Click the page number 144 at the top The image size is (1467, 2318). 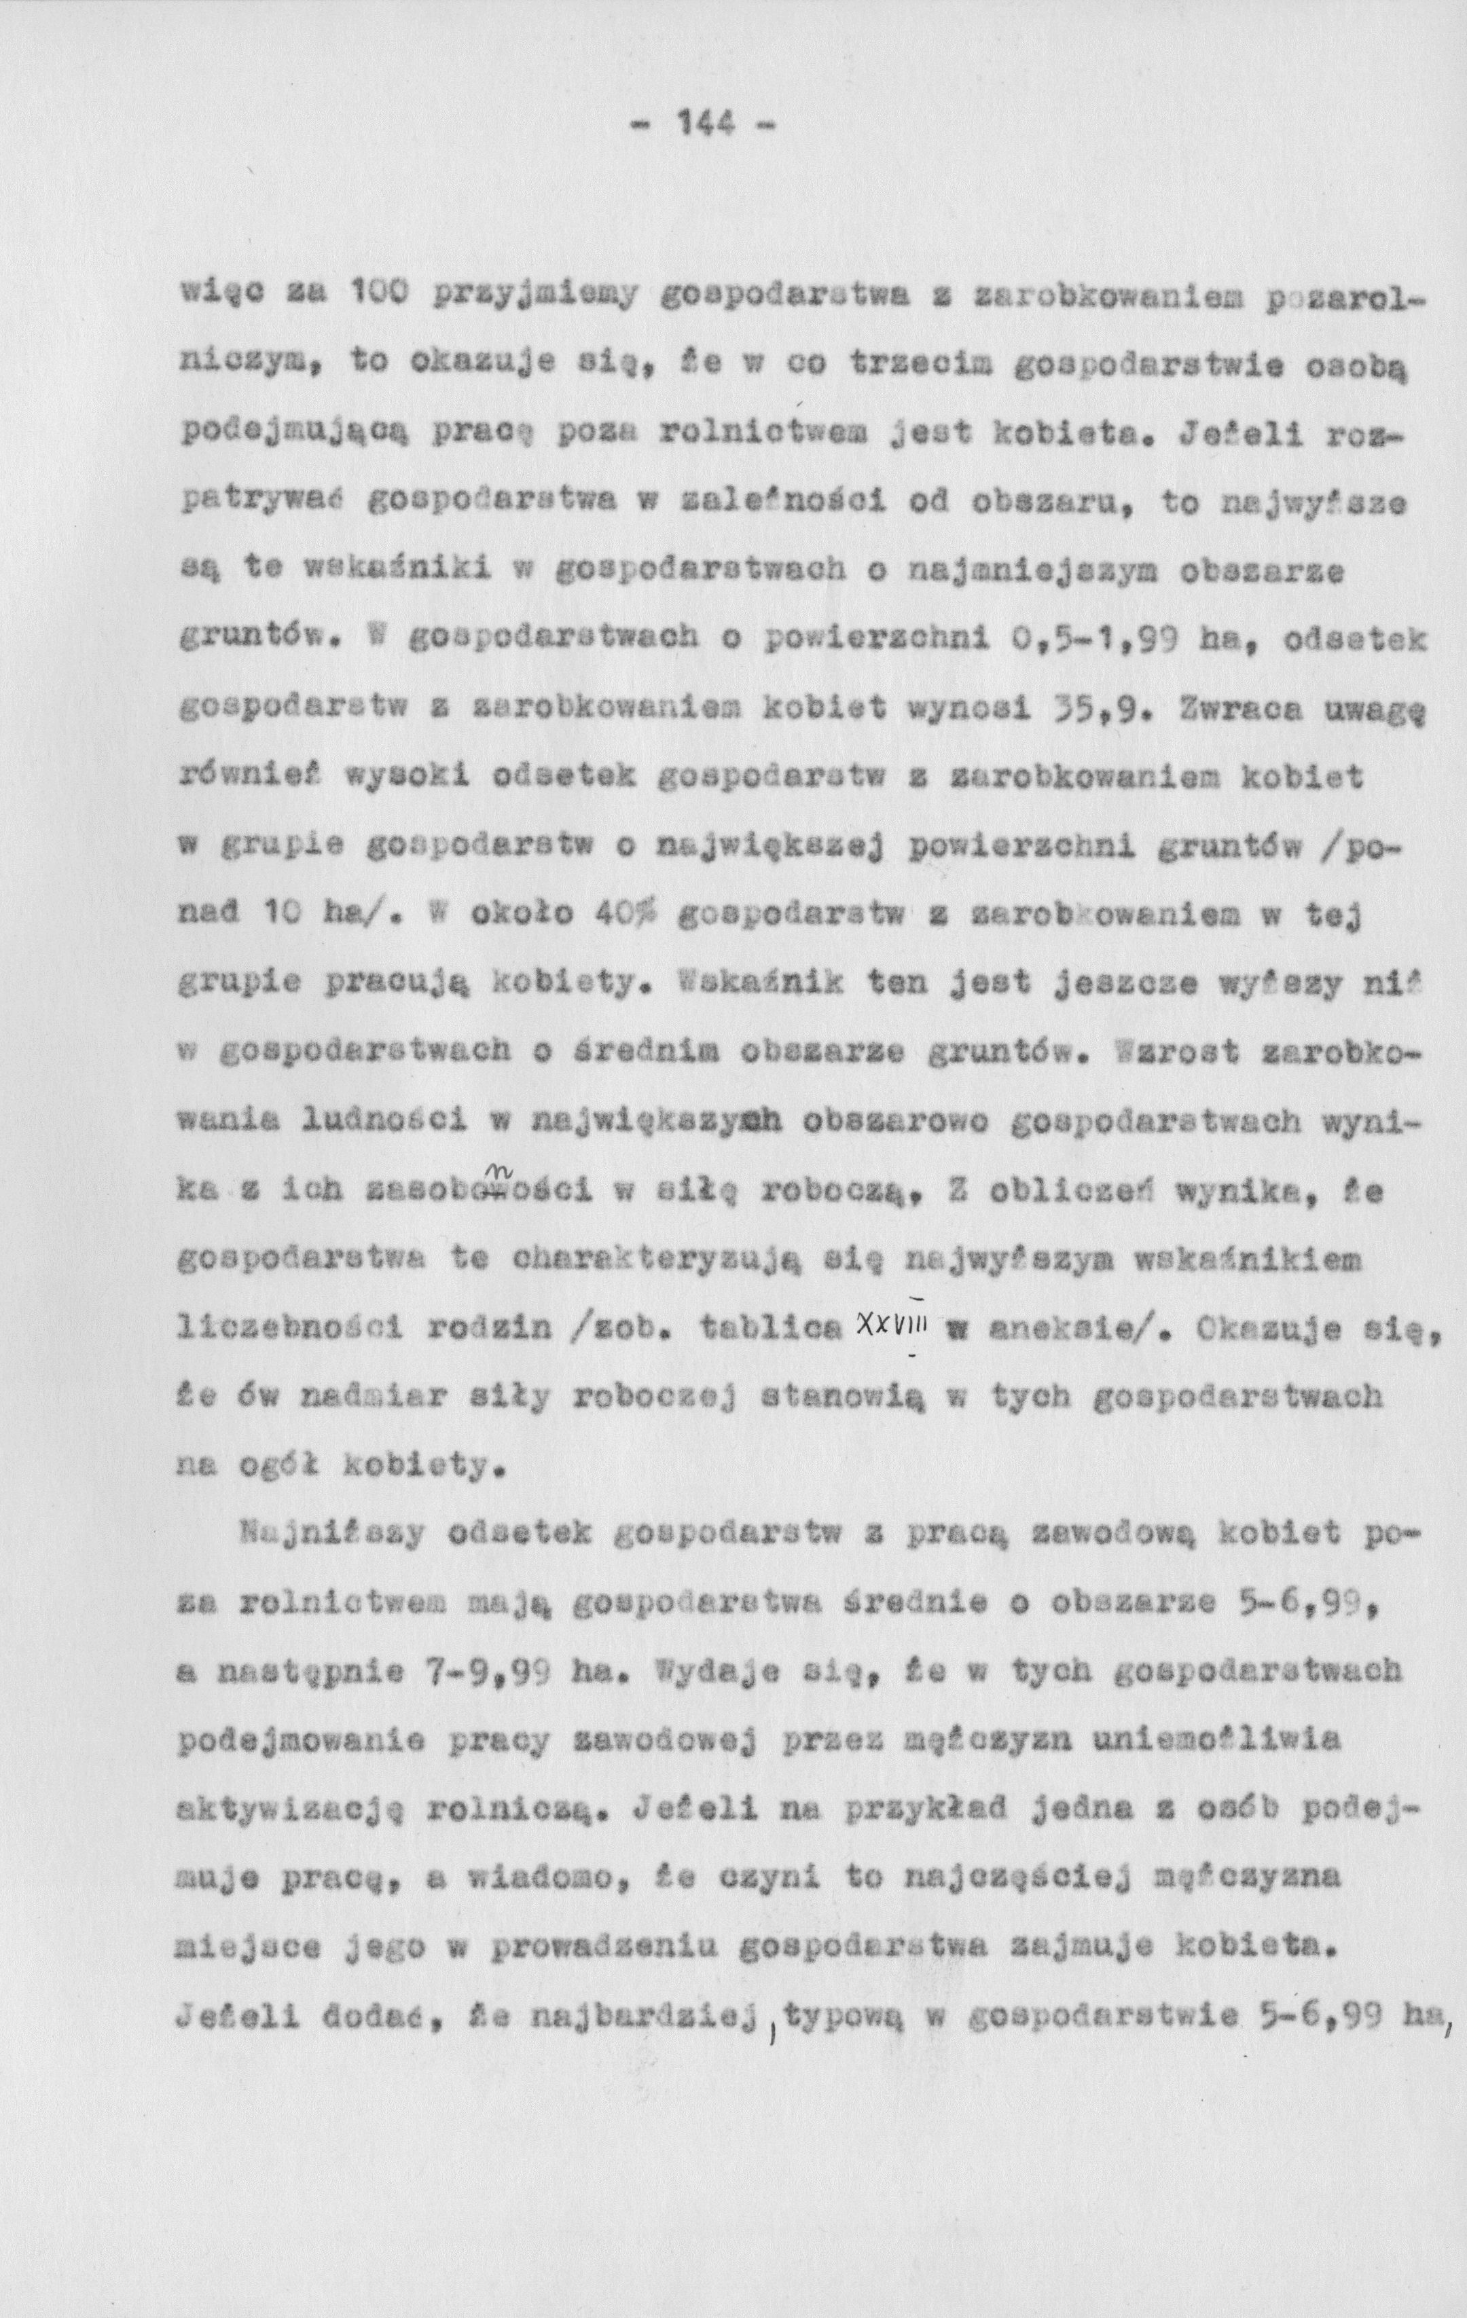tap(706, 124)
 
